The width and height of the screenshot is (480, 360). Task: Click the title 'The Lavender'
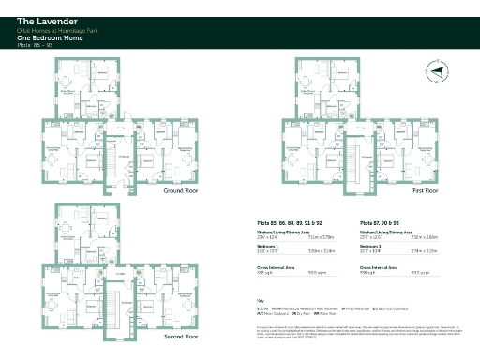(45, 19)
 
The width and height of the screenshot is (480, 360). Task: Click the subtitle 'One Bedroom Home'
(43, 37)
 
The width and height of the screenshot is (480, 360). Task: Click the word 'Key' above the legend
(261, 299)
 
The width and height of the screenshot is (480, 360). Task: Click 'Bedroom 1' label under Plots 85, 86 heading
(269, 247)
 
